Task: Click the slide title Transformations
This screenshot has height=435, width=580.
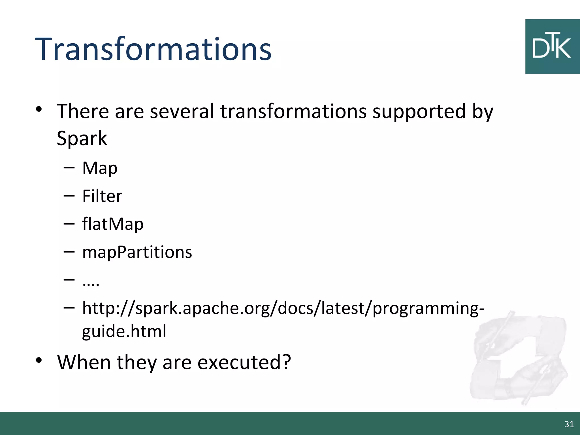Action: [153, 50]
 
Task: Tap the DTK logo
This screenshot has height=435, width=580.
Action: [552, 47]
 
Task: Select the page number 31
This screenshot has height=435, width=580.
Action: [569, 424]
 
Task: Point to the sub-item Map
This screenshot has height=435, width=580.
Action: [100, 168]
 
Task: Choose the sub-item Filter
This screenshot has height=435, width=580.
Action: [102, 196]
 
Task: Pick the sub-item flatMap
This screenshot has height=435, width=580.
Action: [113, 224]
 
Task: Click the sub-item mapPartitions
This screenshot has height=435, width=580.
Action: [137, 252]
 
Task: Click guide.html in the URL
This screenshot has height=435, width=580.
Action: [124, 331]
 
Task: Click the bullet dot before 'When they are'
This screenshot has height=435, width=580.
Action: [39, 360]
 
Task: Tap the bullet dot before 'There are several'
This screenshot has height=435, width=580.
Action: [39, 109]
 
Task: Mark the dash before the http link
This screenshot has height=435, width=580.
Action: [69, 308]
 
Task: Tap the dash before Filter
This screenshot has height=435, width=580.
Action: [69, 196]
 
